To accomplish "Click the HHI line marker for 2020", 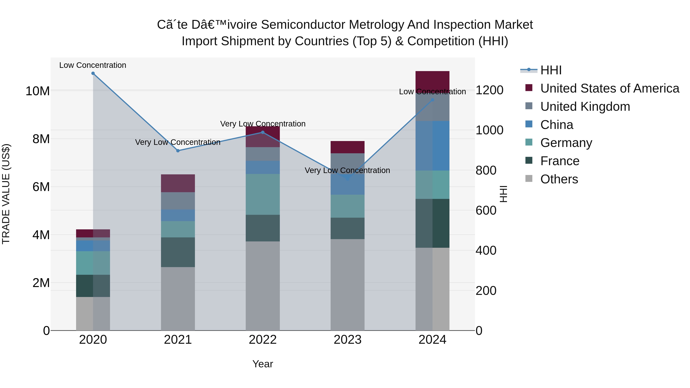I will (93, 73).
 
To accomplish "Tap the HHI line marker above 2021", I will (178, 151).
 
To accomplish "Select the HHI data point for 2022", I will (263, 132).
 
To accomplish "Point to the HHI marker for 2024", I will (432, 100).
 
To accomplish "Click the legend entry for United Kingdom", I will (585, 107).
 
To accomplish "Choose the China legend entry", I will (557, 125).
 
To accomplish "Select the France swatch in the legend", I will (529, 161).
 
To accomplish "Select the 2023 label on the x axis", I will (347, 340).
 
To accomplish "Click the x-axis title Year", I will (263, 364).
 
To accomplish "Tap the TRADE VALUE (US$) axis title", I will (6, 194).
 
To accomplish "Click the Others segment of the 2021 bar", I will (178, 299).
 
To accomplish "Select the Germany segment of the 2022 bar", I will (263, 194).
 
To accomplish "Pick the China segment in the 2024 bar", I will (432, 146).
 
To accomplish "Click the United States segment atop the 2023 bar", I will (347, 147).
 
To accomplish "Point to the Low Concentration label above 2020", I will (93, 65).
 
